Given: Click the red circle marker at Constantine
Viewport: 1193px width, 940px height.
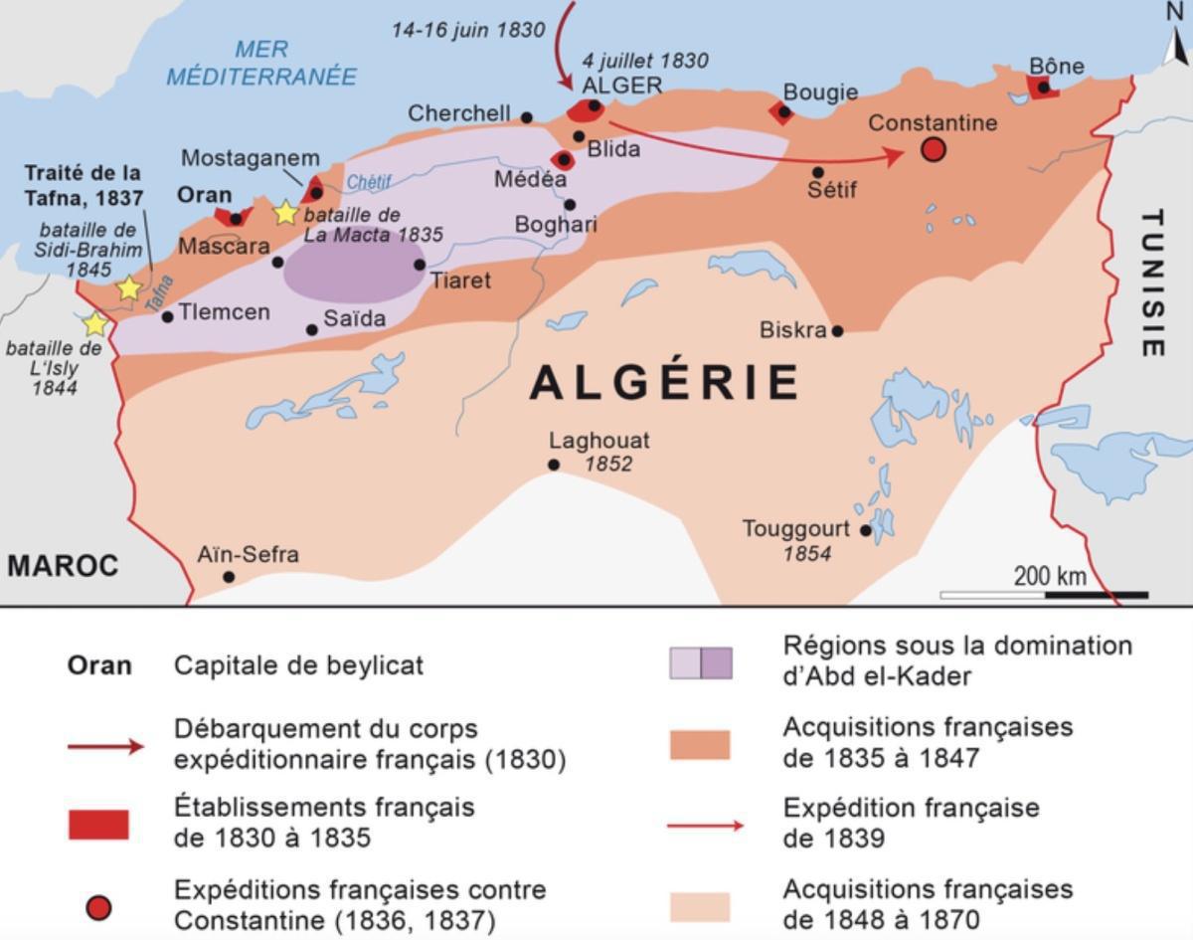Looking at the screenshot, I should coord(933,150).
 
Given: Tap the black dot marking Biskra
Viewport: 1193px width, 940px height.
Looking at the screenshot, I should coord(837,330).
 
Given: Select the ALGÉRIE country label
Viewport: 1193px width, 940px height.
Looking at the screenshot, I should coord(665,383).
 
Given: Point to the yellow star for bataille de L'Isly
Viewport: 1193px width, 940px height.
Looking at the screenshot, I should coord(94,324).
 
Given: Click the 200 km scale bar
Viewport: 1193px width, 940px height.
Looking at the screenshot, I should coord(1044,595).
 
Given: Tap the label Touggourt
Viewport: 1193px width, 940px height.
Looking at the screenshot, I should coord(795,528).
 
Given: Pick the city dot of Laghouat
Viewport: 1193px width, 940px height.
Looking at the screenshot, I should coord(554,465).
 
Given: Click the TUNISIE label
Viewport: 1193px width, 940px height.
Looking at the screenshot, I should coord(1151,282).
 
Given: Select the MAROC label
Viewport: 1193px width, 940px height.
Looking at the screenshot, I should coord(63,566).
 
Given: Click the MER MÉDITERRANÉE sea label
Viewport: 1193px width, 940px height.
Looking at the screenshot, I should coord(261,63).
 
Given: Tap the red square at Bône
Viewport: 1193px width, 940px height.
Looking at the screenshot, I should coord(1043,88).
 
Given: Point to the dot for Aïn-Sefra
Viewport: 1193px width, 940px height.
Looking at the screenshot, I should coord(229,577).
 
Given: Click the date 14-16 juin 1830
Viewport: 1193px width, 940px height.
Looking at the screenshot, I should coord(468,30).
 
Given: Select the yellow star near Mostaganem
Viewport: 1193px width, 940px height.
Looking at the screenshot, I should coord(285,212).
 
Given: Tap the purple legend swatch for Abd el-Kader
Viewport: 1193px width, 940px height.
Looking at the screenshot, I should coord(701,663).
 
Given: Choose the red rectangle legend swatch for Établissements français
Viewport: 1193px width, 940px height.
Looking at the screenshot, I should coord(98,825).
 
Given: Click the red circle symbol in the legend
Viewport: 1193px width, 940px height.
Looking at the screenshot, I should coord(98,907).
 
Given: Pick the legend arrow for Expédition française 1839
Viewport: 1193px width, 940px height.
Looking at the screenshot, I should coord(703,825).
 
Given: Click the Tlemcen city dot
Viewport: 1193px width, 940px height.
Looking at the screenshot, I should coord(167,316).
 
